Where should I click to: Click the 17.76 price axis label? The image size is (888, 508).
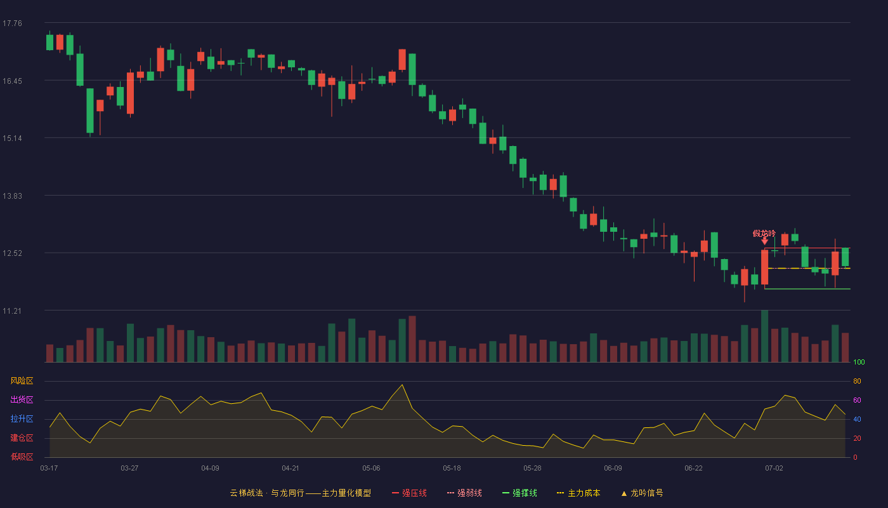pos(12,23)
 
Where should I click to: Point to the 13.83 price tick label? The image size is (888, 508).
pos(12,196)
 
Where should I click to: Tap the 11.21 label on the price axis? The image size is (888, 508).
pos(12,311)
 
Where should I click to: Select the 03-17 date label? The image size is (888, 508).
pos(49,469)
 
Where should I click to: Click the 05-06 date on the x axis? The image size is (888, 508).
pos(371,469)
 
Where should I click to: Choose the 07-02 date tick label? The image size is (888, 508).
pos(774,469)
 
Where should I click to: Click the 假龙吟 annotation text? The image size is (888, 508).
pos(764,234)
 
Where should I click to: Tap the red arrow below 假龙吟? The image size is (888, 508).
pos(765,241)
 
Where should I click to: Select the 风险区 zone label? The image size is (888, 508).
pos(22,381)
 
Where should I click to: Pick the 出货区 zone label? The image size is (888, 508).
pos(22,399)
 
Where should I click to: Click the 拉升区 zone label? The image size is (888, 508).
pos(22,418)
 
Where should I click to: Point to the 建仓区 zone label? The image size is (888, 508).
pos(22,438)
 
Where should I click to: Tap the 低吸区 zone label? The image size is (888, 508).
pos(22,457)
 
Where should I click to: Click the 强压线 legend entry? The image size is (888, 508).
pos(409,493)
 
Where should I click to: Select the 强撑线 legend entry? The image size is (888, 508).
pos(519,493)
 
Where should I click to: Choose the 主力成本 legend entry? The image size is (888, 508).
pos(578,493)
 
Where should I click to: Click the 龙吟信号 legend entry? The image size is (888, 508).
pos(642,493)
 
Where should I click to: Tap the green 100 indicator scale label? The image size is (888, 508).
pos(859,362)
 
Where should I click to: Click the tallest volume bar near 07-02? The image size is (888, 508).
pos(765,336)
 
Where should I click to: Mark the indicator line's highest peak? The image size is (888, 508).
pos(402,385)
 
